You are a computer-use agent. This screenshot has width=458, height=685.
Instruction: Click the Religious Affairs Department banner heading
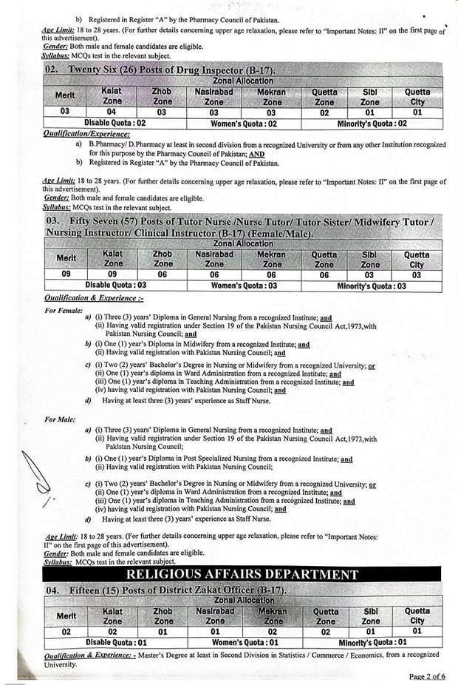click(243, 574)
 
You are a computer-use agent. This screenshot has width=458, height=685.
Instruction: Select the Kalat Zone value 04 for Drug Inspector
click(112, 112)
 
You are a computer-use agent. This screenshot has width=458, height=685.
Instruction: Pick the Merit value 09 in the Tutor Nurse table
click(65, 274)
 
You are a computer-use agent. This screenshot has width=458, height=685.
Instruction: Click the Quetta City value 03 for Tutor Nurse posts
click(417, 274)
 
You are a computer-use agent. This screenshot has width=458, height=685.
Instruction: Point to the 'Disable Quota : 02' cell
click(115, 124)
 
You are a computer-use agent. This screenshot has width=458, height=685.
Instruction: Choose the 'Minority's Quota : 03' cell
click(372, 286)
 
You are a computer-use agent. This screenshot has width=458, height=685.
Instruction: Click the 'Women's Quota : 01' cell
click(244, 642)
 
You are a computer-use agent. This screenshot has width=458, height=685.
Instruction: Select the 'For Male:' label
click(61, 419)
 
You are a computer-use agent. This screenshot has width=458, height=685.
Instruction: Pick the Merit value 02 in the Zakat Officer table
click(65, 631)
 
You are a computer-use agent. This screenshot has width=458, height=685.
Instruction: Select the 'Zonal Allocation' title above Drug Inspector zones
click(243, 81)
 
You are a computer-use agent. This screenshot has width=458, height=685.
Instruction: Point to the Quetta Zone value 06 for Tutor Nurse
click(324, 274)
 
